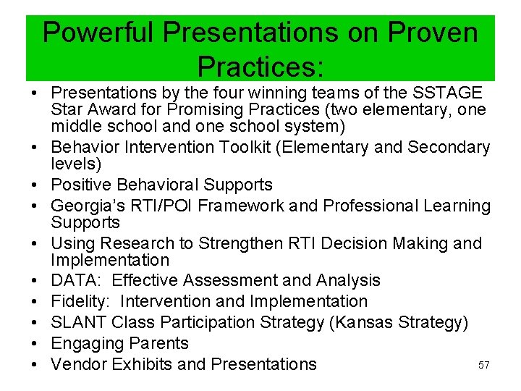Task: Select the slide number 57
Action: [484, 366]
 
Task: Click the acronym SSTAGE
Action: [447, 93]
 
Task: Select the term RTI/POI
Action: [162, 206]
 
